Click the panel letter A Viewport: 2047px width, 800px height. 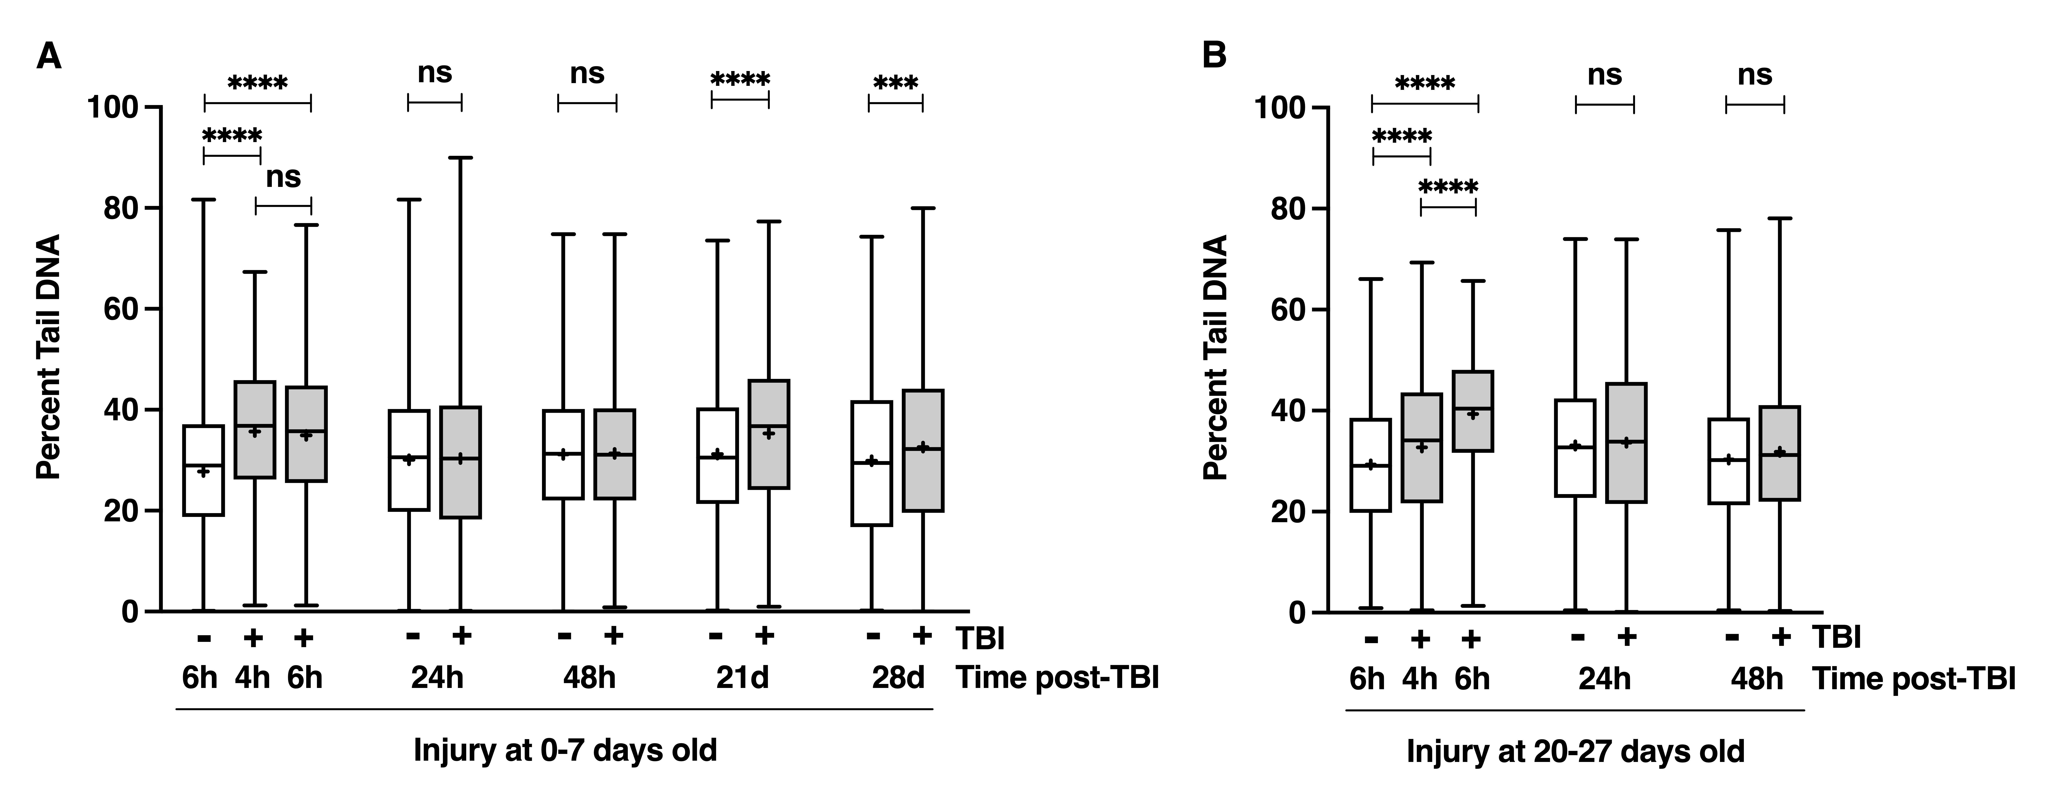[x=49, y=57]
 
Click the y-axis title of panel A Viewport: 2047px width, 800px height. [x=49, y=358]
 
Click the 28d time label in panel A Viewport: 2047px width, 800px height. [x=898, y=678]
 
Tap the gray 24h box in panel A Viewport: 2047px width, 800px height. [x=461, y=462]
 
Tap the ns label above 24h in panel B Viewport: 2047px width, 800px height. [x=1604, y=75]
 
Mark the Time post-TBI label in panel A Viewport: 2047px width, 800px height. [x=1057, y=678]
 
